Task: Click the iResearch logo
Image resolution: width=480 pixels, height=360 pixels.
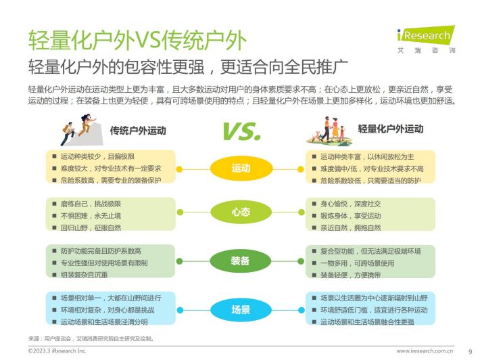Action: pyautogui.click(x=426, y=39)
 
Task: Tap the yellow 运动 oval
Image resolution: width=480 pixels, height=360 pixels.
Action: pyautogui.click(x=241, y=168)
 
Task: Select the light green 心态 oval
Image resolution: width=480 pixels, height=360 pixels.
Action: pyautogui.click(x=241, y=212)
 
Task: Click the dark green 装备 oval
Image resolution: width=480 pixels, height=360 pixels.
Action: pyautogui.click(x=241, y=261)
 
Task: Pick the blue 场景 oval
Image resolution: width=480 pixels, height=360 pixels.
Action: pyautogui.click(x=241, y=310)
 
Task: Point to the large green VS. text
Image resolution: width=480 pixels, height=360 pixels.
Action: pyautogui.click(x=242, y=131)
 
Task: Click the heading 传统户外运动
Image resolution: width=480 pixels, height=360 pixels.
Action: pyautogui.click(x=138, y=131)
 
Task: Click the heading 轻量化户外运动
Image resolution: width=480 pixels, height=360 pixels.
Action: pyautogui.click(x=391, y=129)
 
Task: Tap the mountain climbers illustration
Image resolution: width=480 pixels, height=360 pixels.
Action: pyautogui.click(x=82, y=130)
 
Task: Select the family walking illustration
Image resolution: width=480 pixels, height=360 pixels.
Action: pyautogui.click(x=329, y=131)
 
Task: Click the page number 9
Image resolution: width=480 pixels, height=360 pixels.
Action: pyautogui.click(x=471, y=351)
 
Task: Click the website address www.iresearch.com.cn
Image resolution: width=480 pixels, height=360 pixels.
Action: pyautogui.click(x=425, y=351)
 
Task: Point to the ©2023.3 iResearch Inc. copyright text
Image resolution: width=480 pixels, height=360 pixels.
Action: pyautogui.click(x=57, y=351)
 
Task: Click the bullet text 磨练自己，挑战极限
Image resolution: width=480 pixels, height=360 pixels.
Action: pyautogui.click(x=91, y=204)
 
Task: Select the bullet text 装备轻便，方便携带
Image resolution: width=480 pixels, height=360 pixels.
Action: pyautogui.click(x=350, y=275)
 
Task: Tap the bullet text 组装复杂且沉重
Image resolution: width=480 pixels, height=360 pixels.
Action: pyautogui.click(x=85, y=275)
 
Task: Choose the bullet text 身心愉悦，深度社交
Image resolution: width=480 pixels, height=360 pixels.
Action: pyautogui.click(x=350, y=204)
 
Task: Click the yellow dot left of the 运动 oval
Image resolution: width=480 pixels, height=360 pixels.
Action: pyautogui.click(x=180, y=169)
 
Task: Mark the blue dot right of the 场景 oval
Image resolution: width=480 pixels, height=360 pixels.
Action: pyautogui.click(x=302, y=311)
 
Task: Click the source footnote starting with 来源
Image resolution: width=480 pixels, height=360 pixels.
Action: pyautogui.click(x=91, y=338)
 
